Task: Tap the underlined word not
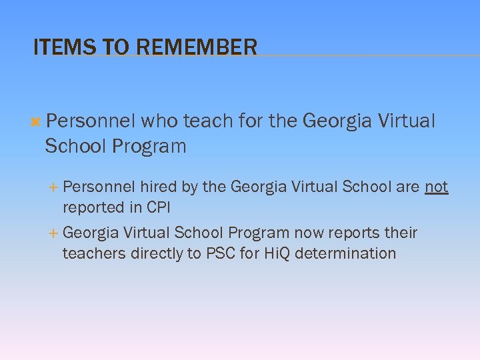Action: pos(436,187)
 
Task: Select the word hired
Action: pos(158,187)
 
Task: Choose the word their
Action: pos(399,233)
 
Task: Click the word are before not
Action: pos(407,187)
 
